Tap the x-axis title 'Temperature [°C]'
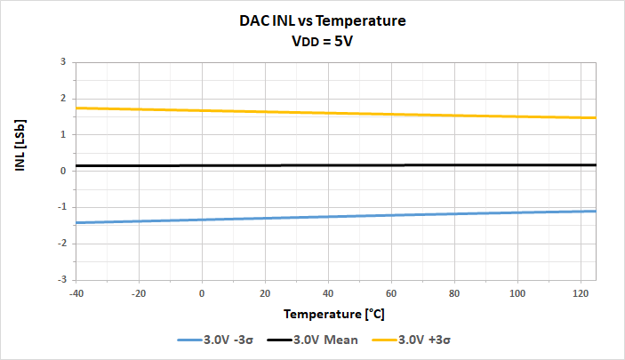point(334,315)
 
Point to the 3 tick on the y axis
point(63,62)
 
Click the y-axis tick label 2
point(63,99)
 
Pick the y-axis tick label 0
point(63,171)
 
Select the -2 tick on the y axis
point(61,243)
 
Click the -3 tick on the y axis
point(61,279)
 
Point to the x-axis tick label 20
point(265,292)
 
